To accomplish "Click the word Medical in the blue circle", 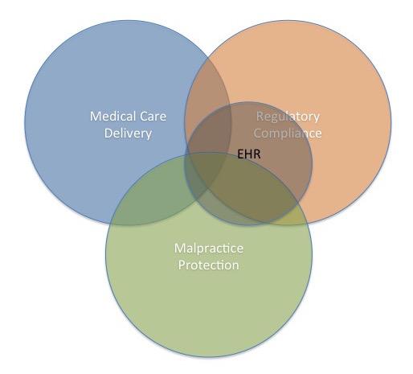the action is [112, 117].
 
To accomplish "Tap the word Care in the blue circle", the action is [153, 117].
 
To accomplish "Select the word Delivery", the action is [128, 134].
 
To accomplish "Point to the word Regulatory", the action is [288, 117].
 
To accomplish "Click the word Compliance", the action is [288, 134].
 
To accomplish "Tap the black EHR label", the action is [249, 154].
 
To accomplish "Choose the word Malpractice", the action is [209, 248].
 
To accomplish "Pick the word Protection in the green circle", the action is [209, 265].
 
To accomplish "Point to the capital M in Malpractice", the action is [179, 248].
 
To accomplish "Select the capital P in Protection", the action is [182, 265].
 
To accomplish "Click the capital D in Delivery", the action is [108, 133].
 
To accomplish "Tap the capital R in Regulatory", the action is [260, 117].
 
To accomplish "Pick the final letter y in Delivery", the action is [149, 135].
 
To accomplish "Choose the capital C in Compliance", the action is [258, 134].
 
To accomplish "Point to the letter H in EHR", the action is [249, 154].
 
